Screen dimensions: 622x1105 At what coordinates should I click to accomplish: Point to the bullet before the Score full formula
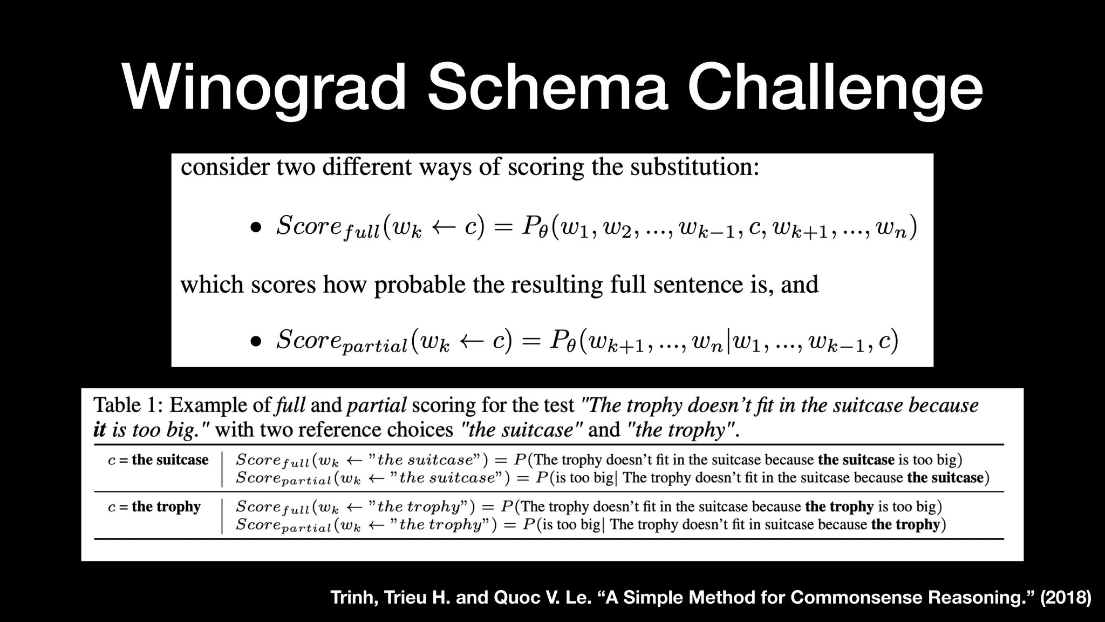pos(256,227)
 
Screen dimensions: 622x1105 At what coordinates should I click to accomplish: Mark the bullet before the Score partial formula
pos(256,341)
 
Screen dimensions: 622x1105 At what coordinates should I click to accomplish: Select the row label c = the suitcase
pos(158,460)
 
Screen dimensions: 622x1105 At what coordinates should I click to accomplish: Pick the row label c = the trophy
pos(154,506)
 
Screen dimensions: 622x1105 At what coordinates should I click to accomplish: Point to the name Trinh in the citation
pos(353,598)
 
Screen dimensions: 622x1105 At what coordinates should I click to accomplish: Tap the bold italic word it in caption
pos(99,430)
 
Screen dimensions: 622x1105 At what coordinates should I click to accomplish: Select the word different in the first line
pos(367,167)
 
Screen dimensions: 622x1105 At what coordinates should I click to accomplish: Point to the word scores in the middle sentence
pos(283,285)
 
